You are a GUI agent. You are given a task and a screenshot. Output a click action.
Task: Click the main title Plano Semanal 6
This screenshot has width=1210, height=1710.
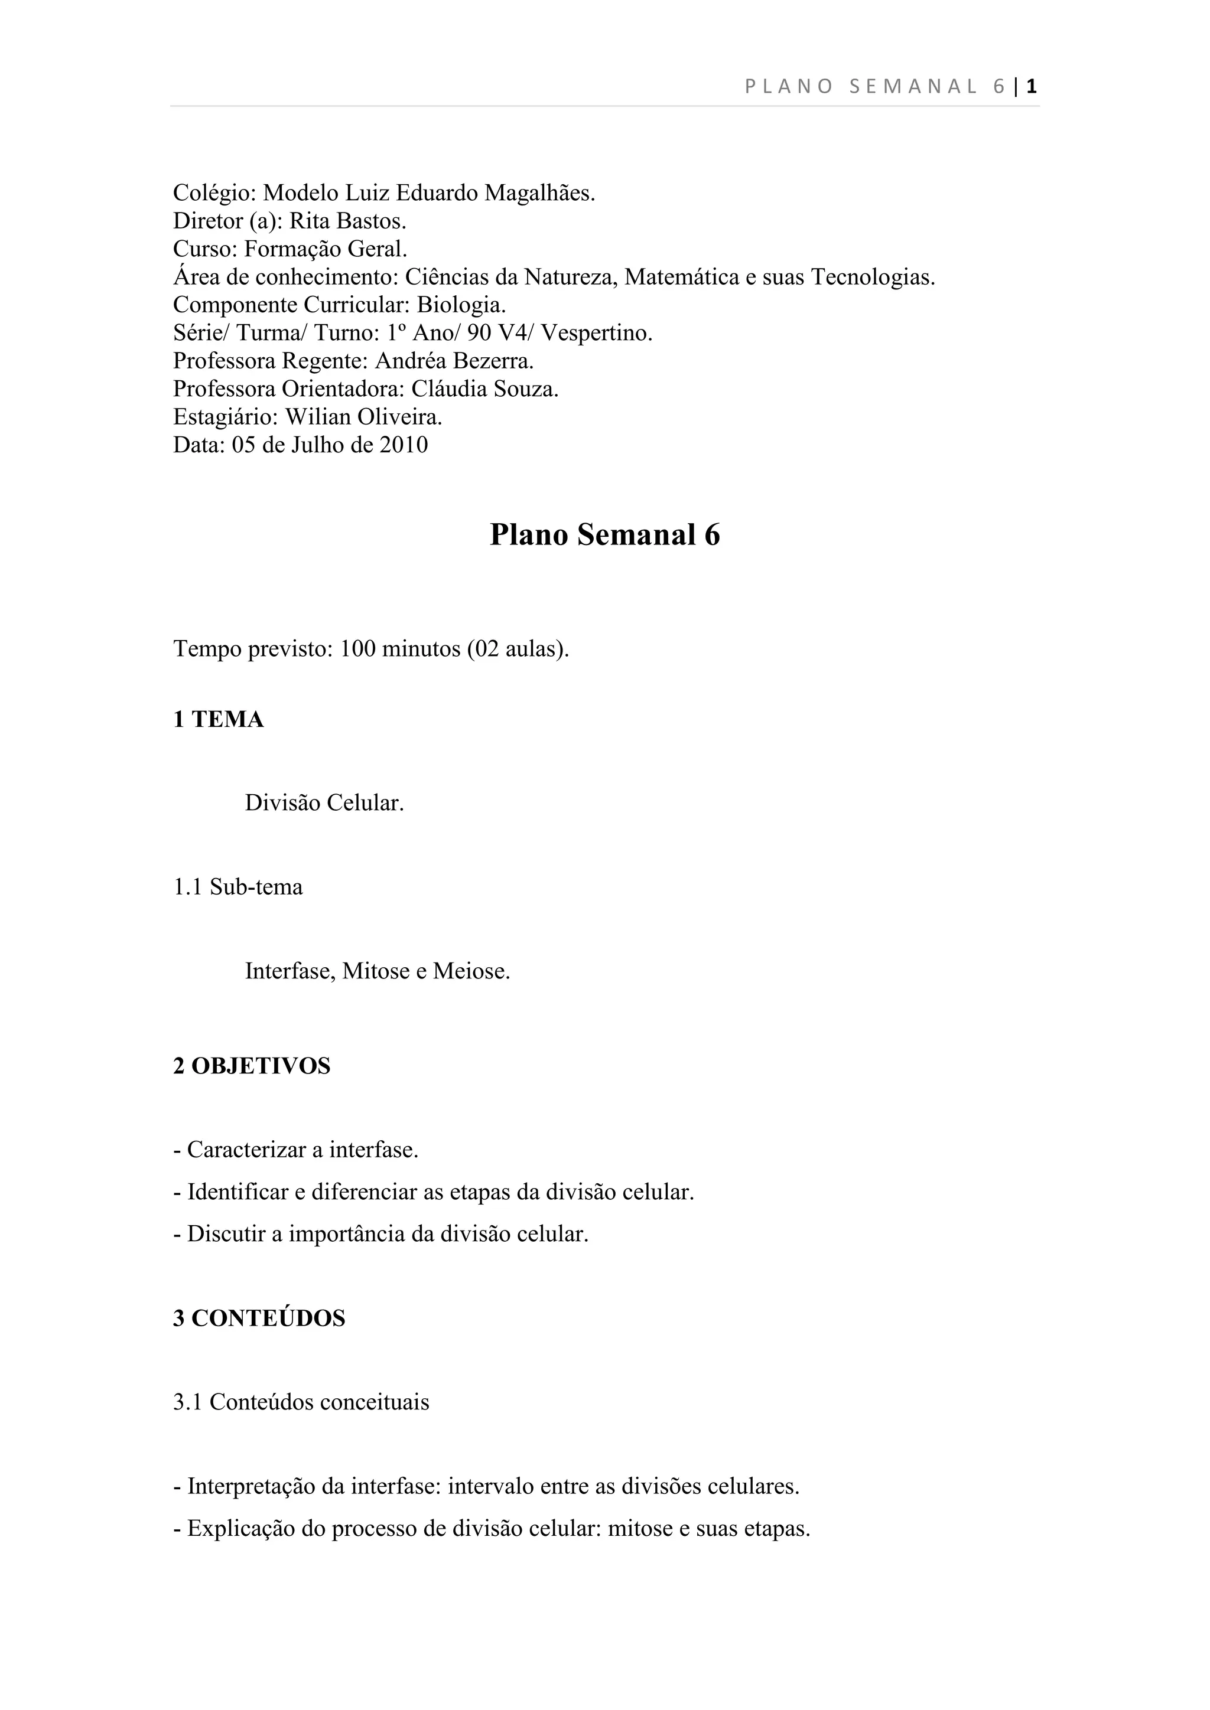[x=604, y=535]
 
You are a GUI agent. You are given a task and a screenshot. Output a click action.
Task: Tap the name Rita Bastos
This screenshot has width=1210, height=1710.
[x=347, y=221]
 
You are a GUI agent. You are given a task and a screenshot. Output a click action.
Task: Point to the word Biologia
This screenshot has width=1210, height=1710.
[x=461, y=305]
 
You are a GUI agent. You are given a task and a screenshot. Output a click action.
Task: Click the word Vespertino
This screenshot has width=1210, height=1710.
[x=596, y=333]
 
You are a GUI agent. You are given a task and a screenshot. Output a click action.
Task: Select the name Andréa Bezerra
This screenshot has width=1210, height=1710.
[x=454, y=361]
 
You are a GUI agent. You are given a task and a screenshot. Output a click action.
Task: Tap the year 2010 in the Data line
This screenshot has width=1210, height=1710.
[x=404, y=445]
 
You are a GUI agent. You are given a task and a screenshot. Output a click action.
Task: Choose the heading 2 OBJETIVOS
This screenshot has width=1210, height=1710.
[x=252, y=1066]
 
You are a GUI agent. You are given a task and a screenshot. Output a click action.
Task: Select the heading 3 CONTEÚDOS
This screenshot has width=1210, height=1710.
[x=259, y=1319]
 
